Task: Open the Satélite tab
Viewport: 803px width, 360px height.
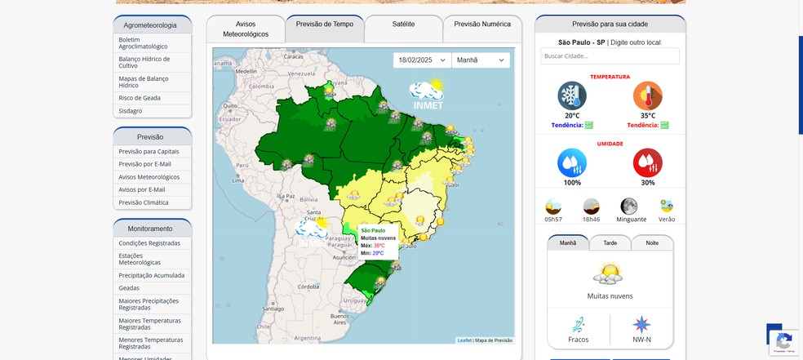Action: pyautogui.click(x=403, y=24)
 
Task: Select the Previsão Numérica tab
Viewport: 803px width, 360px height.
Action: pyautogui.click(x=482, y=24)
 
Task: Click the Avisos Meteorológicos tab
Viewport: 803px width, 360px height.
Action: pyautogui.click(x=246, y=29)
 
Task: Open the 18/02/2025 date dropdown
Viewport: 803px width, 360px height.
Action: pyautogui.click(x=421, y=60)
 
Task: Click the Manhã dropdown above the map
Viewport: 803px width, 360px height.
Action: pyautogui.click(x=481, y=60)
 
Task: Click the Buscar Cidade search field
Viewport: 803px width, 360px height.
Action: pyautogui.click(x=610, y=56)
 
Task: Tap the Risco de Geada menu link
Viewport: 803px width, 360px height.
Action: pyautogui.click(x=140, y=98)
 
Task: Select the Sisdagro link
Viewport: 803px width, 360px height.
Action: pyautogui.click(x=131, y=111)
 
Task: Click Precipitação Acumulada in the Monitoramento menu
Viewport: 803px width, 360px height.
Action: pyautogui.click(x=152, y=276)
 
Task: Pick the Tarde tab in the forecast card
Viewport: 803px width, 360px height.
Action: pyautogui.click(x=610, y=242)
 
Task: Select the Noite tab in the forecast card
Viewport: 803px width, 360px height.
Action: pyautogui.click(x=652, y=242)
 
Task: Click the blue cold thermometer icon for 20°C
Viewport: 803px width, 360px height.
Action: pyautogui.click(x=572, y=96)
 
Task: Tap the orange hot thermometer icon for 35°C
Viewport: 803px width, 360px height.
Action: pyautogui.click(x=647, y=96)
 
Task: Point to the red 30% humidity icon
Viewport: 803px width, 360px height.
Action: pyautogui.click(x=647, y=162)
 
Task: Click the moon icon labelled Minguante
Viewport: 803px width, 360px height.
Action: pyautogui.click(x=628, y=207)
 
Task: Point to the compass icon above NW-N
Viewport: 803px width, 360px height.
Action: pyautogui.click(x=641, y=324)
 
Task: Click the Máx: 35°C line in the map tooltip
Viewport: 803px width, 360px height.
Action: pyautogui.click(x=373, y=246)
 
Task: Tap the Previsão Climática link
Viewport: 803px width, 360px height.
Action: pyautogui.click(x=144, y=202)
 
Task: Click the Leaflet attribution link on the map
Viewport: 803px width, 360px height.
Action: pyautogui.click(x=464, y=340)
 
